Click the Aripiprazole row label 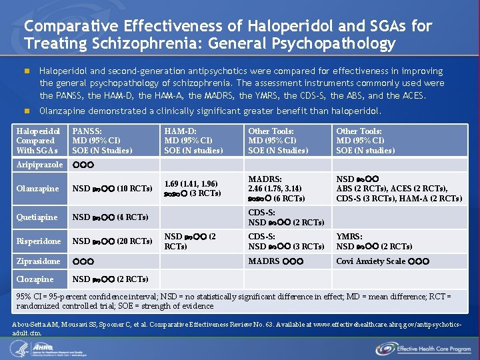(x=39, y=165)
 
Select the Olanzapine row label (x=37, y=189)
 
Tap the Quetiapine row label (x=38, y=217)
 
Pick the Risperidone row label (x=39, y=241)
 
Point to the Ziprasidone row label (x=38, y=261)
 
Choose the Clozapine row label (x=35, y=279)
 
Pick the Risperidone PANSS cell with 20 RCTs (x=112, y=241)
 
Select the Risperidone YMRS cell (x=374, y=241)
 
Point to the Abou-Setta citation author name (x=30, y=323)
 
